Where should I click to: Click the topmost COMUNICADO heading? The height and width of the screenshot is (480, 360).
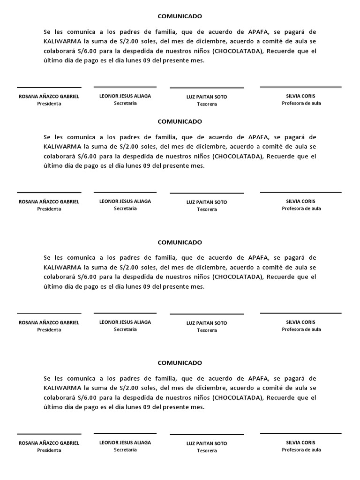(180, 16)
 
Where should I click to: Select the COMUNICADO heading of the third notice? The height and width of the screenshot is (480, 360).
(180, 242)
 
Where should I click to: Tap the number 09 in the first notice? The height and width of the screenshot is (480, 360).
(147, 60)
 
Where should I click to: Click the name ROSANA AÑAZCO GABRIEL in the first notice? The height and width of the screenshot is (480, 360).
(49, 96)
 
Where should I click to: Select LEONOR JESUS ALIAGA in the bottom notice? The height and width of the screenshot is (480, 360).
(125, 442)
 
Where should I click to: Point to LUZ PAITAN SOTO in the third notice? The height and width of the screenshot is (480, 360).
(207, 323)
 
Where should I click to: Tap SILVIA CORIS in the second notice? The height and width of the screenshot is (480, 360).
(301, 201)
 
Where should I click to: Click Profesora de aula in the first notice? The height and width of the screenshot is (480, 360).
(301, 103)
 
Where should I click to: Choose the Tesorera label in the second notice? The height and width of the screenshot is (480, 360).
(207, 209)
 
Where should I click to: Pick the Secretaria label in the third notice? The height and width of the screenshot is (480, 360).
(125, 330)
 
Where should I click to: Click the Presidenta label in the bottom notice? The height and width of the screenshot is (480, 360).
(49, 450)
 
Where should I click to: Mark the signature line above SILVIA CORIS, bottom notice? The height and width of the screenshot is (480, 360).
(301, 434)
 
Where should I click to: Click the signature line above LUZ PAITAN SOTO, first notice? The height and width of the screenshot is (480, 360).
(207, 88)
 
